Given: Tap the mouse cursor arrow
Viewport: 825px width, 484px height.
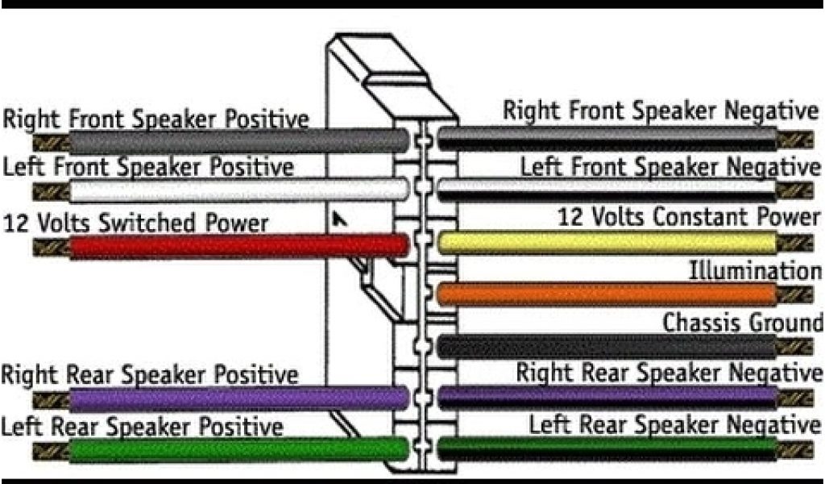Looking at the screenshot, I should click(x=340, y=219).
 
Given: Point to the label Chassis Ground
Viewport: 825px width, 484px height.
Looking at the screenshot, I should click(x=742, y=322).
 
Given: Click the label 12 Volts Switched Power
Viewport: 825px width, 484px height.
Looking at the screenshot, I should click(x=135, y=222).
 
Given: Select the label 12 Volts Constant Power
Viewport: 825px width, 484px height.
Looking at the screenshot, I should click(x=688, y=216).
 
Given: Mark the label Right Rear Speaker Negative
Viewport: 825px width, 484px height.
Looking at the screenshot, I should click(x=669, y=373).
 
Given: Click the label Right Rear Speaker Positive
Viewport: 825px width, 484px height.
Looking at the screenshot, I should click(x=150, y=374).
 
